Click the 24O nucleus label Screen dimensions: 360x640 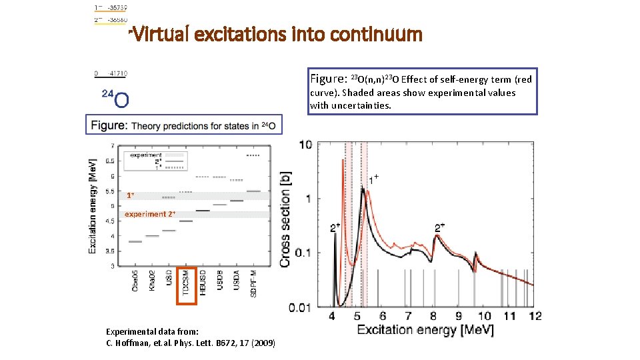(115, 98)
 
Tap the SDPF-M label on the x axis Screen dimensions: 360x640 (254, 284)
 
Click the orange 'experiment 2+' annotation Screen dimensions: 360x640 (150, 214)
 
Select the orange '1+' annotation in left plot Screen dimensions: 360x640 (131, 195)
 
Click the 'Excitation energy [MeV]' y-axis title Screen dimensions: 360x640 (93, 205)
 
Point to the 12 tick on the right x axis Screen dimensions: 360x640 (535, 316)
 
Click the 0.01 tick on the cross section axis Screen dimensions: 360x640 (300, 307)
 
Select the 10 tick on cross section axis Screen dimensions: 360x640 (304, 145)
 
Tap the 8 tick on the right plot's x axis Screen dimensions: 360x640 (433, 316)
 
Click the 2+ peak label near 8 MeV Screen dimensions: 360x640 (440, 228)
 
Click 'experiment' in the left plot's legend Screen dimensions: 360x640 (145, 155)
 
